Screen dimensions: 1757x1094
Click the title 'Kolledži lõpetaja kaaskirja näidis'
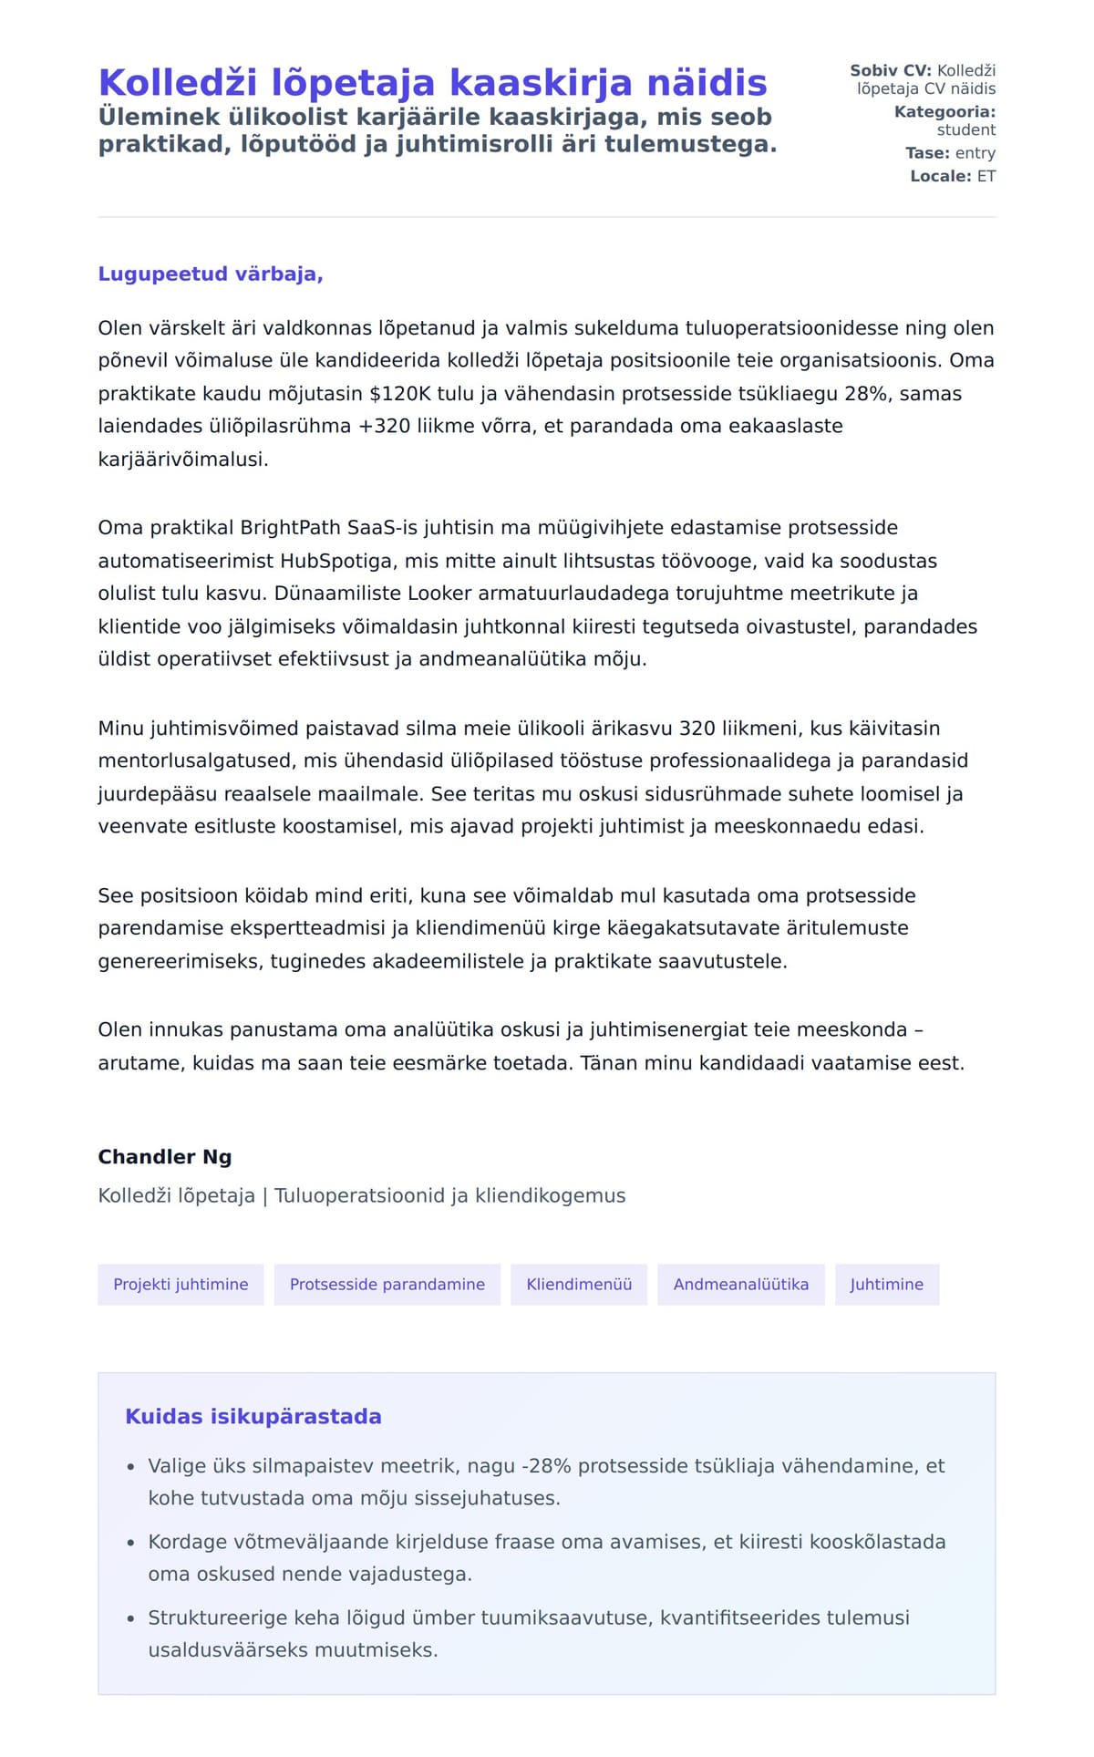pyautogui.click(x=432, y=83)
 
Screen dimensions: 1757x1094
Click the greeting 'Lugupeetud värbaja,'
pyautogui.click(x=211, y=274)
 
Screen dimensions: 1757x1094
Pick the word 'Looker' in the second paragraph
pyautogui.click(x=438, y=594)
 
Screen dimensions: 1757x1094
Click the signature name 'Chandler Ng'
pyautogui.click(x=165, y=1157)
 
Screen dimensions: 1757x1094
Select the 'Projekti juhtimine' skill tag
pyautogui.click(x=181, y=1285)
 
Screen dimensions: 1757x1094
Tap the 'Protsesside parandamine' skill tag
pyautogui.click(x=387, y=1285)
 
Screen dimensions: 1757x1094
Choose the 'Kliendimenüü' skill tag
pyautogui.click(x=579, y=1285)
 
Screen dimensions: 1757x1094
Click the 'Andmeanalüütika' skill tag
pyautogui.click(x=741, y=1285)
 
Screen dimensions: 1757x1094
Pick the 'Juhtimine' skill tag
pyautogui.click(x=887, y=1285)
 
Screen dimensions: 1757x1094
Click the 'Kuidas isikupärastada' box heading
pyautogui.click(x=253, y=1417)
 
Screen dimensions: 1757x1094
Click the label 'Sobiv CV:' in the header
pyautogui.click(x=891, y=70)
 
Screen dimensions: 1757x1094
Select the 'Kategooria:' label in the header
pyautogui.click(x=944, y=112)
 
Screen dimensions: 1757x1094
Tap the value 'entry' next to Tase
pyautogui.click(x=975, y=153)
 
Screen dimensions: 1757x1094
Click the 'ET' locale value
pyautogui.click(x=986, y=176)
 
